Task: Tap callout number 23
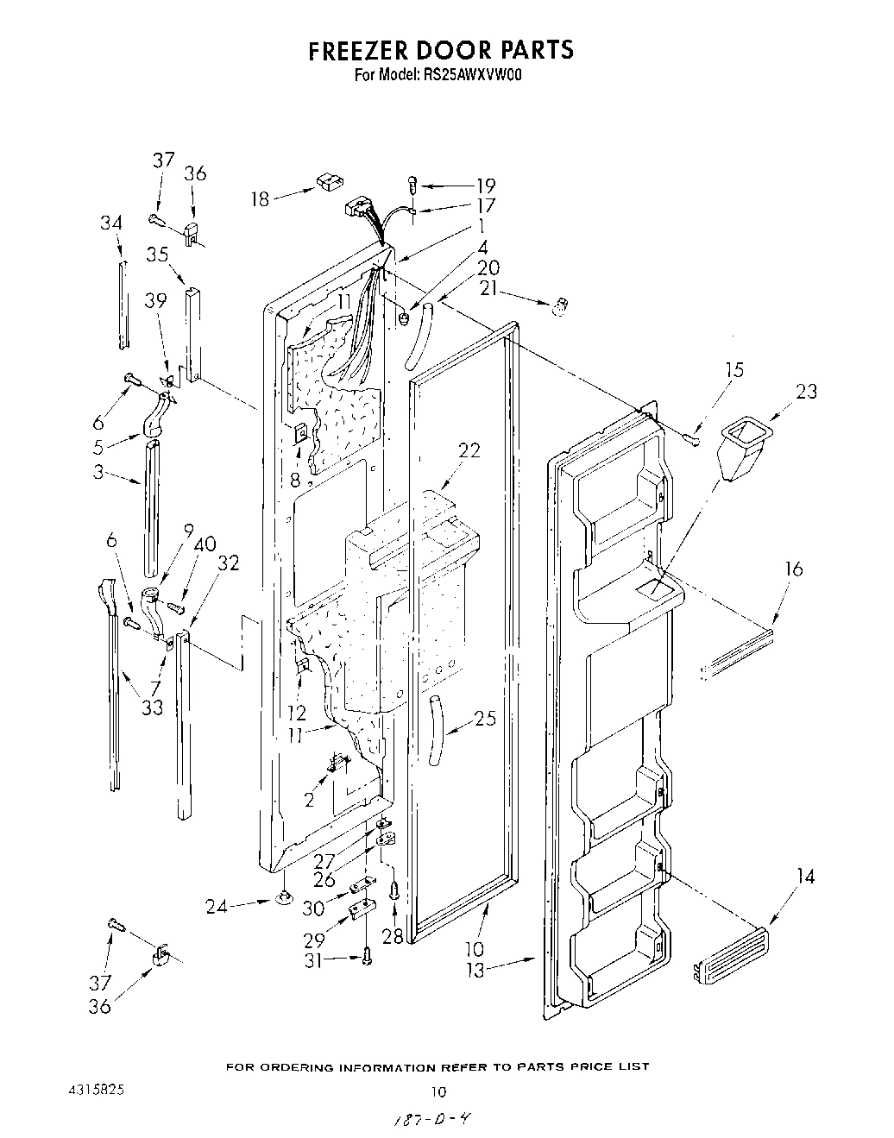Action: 806,391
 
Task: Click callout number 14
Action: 805,877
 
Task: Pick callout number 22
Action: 469,450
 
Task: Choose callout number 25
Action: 485,717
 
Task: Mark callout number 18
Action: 261,199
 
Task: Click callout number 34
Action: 110,223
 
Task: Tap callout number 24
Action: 217,906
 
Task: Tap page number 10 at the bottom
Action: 438,1091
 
